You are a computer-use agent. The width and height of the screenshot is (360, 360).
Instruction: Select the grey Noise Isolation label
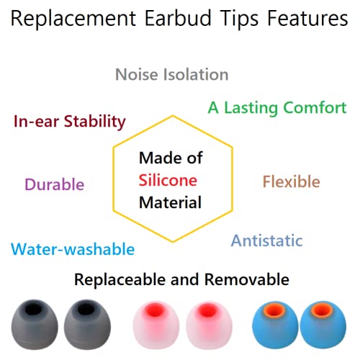coord(171,74)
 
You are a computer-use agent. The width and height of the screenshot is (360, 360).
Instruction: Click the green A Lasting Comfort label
coord(277,107)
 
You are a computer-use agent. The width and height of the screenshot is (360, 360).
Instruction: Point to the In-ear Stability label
coord(70,121)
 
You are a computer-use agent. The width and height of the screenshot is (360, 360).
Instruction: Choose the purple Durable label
coord(54,184)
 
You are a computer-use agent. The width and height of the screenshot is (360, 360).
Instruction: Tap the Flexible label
coord(291,181)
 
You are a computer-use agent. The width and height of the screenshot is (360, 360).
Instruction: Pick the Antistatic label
coord(266,240)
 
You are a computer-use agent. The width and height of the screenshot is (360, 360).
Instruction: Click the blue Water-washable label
coord(73,249)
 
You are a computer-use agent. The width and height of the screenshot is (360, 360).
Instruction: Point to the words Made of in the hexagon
coord(170,158)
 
